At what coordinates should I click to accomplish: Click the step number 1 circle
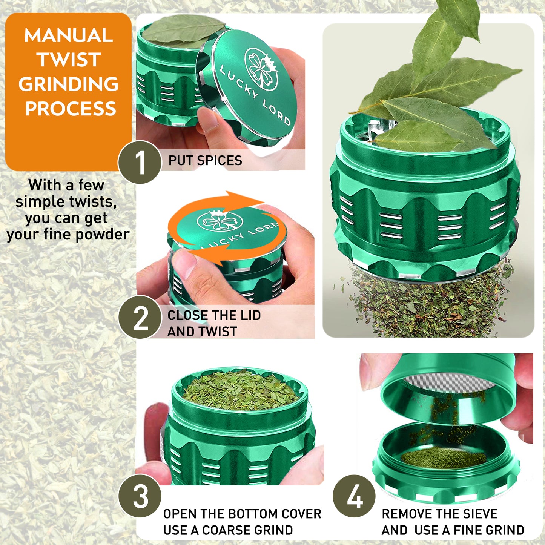140,163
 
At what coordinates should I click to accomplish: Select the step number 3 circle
140,496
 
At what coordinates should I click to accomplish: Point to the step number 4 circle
354,496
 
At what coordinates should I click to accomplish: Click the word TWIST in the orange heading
69,60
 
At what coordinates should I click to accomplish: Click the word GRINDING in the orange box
69,84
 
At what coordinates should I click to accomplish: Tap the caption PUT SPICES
205,160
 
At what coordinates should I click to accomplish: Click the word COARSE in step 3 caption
223,530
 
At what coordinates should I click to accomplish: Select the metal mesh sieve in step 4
449,385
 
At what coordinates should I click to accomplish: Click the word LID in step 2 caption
250,315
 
